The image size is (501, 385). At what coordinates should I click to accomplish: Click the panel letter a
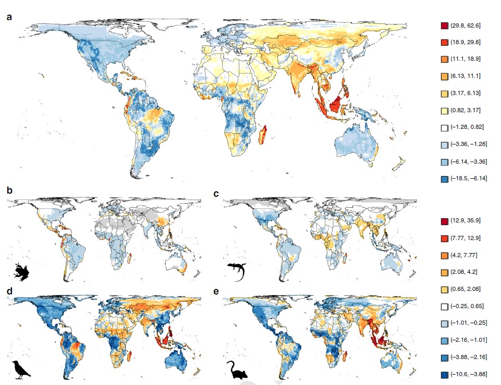pyautogui.click(x=9, y=16)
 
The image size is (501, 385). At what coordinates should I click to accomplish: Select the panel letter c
pyautogui.click(x=217, y=193)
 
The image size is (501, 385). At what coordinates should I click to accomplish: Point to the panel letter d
pyautogui.click(x=9, y=292)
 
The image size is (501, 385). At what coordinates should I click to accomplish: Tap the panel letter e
pyautogui.click(x=217, y=292)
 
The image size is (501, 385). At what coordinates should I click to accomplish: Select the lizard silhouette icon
pyautogui.click(x=237, y=272)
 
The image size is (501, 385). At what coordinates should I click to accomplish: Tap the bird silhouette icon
pyautogui.click(x=22, y=369)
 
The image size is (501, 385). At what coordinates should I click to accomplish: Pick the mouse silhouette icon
pyautogui.click(x=236, y=369)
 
